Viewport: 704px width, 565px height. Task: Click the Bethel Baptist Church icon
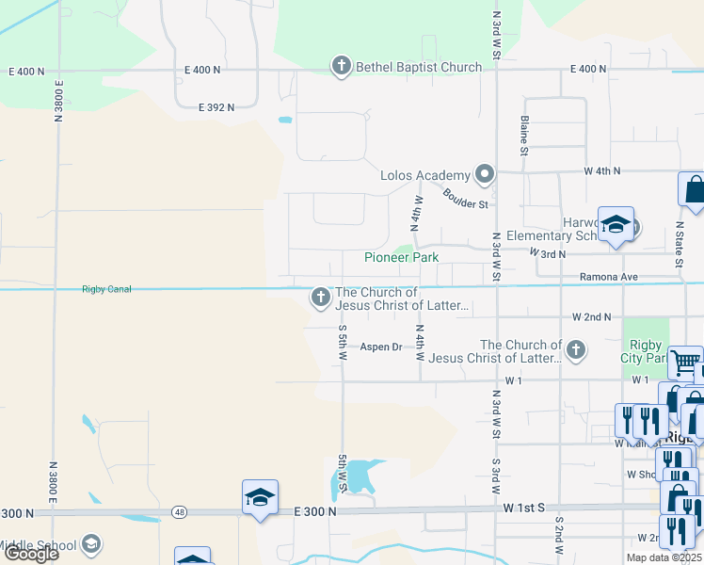point(341,67)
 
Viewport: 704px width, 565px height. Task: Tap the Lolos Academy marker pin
point(485,174)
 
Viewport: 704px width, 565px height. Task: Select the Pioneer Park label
point(402,257)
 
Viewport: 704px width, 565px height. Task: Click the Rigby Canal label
point(106,288)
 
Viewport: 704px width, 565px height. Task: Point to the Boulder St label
point(466,199)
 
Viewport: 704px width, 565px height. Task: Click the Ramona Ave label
point(608,277)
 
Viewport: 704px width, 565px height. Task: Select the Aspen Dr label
point(380,347)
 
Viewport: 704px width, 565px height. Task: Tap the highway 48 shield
point(179,511)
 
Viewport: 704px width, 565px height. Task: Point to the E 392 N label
point(216,107)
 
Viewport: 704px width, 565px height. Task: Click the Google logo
point(32,554)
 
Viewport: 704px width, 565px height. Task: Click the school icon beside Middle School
point(91,543)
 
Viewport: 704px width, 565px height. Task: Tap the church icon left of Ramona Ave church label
point(320,299)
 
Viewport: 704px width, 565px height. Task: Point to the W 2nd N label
point(591,317)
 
